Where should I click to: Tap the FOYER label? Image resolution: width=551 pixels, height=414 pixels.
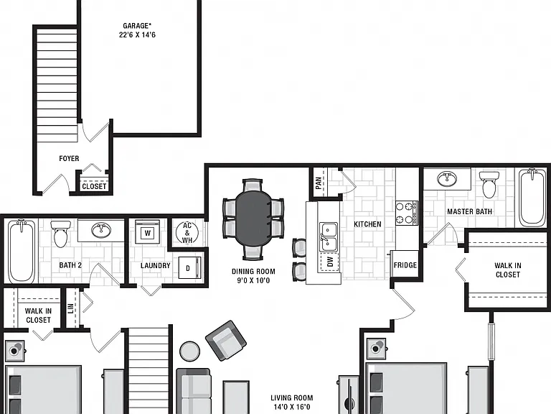pyautogui.click(x=69, y=159)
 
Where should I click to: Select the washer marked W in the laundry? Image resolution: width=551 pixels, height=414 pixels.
pyautogui.click(x=148, y=232)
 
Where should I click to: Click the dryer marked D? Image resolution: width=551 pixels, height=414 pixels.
pyautogui.click(x=189, y=268)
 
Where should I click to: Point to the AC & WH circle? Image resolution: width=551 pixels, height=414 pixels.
pyautogui.click(x=187, y=233)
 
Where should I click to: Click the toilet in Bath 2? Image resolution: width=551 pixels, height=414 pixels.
pyautogui.click(x=60, y=234)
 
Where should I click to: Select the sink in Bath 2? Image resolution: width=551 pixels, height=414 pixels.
pyautogui.click(x=101, y=230)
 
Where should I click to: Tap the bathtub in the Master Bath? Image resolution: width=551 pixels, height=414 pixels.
pyautogui.click(x=532, y=198)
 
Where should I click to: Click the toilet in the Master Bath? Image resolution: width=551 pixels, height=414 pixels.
pyautogui.click(x=489, y=185)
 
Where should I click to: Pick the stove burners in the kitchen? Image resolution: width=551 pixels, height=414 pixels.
pyautogui.click(x=407, y=213)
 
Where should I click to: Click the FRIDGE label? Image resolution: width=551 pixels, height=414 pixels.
pyautogui.click(x=405, y=265)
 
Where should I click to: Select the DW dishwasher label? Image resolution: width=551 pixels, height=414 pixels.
pyautogui.click(x=329, y=262)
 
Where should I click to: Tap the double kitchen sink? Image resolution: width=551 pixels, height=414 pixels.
pyautogui.click(x=328, y=237)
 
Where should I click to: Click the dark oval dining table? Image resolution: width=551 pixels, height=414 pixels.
pyautogui.click(x=253, y=218)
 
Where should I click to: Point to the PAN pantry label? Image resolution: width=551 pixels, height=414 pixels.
pyautogui.click(x=319, y=183)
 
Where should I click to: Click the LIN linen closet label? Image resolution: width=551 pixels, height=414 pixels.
pyautogui.click(x=71, y=308)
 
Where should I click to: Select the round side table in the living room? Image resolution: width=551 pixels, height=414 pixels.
pyautogui.click(x=189, y=351)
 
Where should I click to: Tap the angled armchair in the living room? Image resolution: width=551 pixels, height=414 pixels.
pyautogui.click(x=225, y=341)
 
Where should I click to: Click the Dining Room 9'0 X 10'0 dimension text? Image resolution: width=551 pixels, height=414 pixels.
pyautogui.click(x=253, y=276)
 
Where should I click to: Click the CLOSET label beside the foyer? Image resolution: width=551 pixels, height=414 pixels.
pyautogui.click(x=94, y=186)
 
